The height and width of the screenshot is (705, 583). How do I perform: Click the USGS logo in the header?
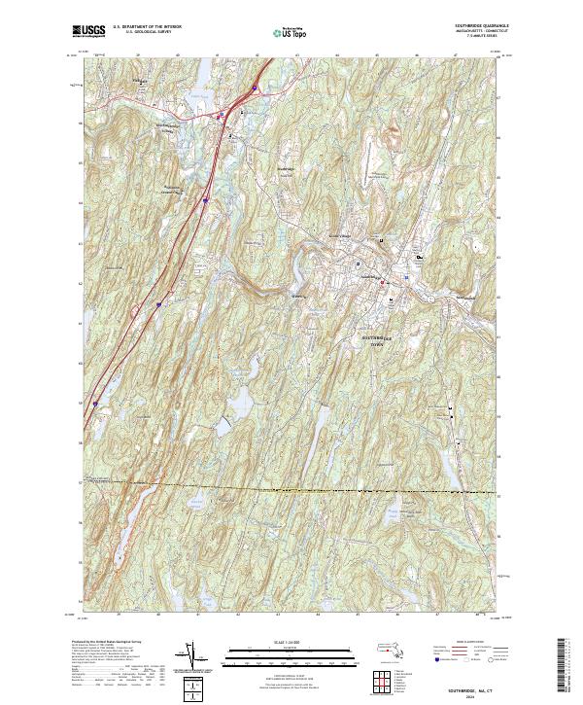pos(88,32)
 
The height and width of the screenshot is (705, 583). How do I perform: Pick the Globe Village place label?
pos(336,236)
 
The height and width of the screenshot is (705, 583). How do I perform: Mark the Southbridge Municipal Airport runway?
pos(380,175)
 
